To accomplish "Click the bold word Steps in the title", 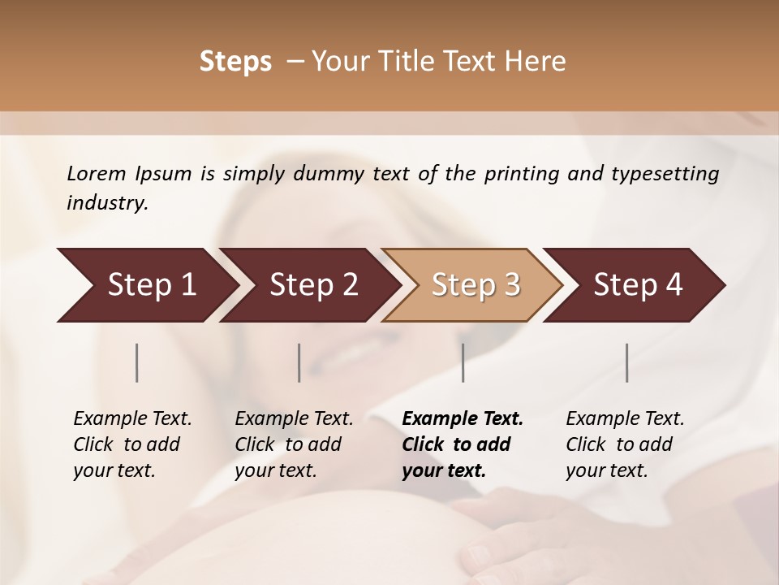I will tap(235, 62).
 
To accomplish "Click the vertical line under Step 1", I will tap(137, 362).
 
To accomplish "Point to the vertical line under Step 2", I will tap(299, 362).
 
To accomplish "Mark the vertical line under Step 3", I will tap(463, 362).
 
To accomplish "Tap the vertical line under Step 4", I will tap(627, 362).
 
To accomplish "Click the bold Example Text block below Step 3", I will tap(463, 444).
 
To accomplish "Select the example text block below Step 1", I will tap(132, 444).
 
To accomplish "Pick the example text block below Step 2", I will tap(294, 444).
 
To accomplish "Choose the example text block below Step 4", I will tap(625, 444).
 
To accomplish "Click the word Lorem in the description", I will tap(97, 174).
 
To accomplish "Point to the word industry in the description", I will tap(107, 203).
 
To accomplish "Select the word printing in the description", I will tap(522, 174).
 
